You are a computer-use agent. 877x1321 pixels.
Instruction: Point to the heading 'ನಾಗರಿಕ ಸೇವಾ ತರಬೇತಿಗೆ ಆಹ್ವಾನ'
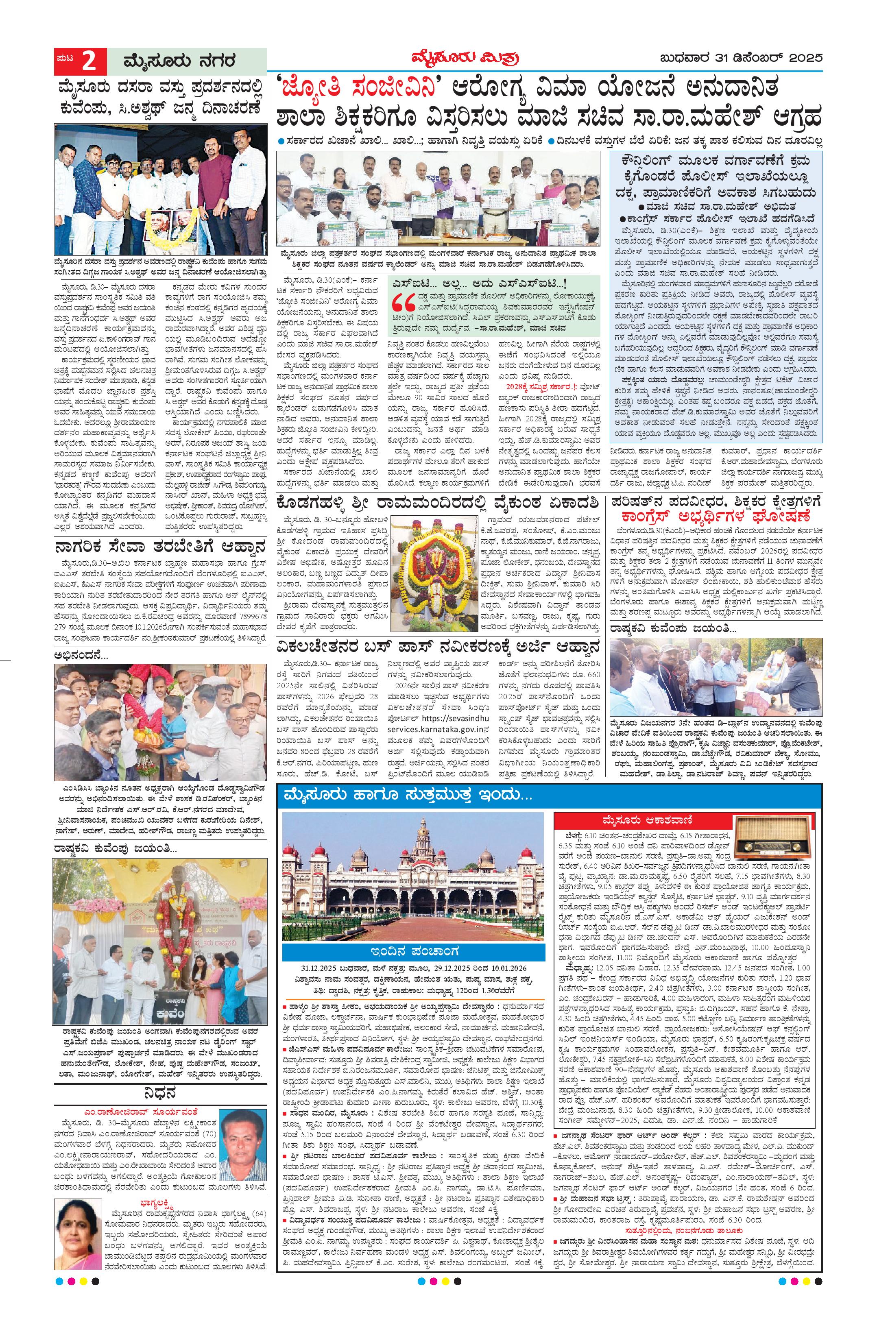point(159,546)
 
